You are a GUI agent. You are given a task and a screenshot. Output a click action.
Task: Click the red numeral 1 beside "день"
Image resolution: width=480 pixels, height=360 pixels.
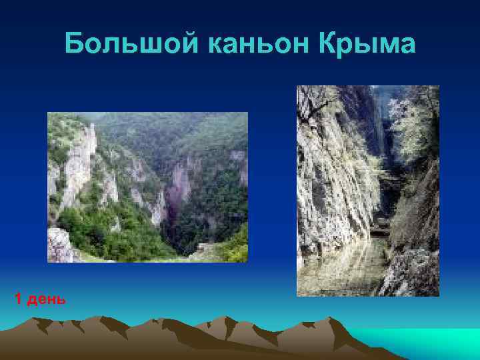tap(17, 299)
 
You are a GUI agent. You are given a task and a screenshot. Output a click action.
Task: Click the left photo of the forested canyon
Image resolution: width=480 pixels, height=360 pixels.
tap(147, 187)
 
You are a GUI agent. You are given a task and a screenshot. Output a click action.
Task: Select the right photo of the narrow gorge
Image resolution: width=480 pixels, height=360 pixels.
tap(367, 191)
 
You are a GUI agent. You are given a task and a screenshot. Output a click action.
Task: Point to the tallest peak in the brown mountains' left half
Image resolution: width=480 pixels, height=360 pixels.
tap(100, 318)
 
